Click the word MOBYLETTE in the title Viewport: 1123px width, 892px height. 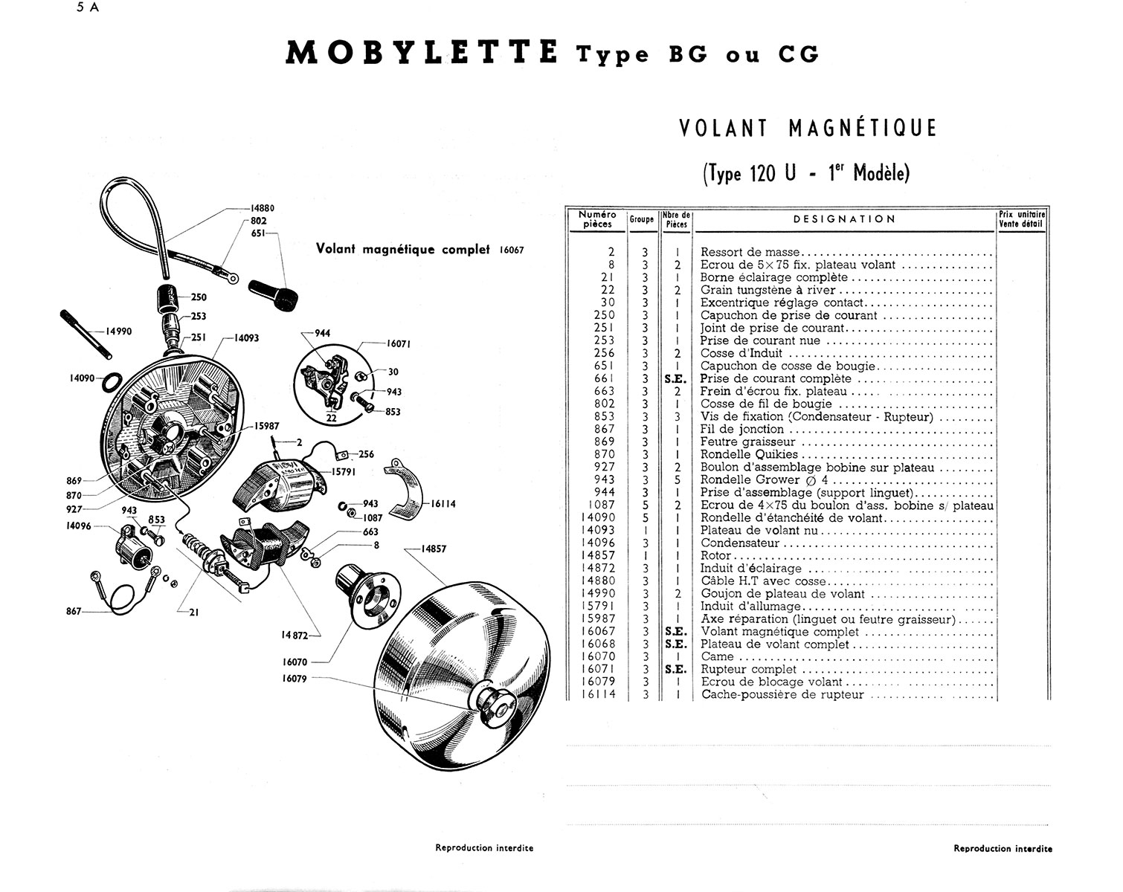click(x=421, y=54)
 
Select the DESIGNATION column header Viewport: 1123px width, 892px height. click(x=844, y=219)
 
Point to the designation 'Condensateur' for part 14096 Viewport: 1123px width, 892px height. click(x=740, y=543)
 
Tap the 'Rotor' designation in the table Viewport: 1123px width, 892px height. click(x=716, y=555)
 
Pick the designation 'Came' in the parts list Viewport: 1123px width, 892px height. click(x=717, y=656)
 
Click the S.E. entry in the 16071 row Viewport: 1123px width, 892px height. click(x=676, y=669)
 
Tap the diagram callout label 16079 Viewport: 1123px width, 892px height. click(x=295, y=678)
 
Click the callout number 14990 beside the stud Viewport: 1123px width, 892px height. click(x=119, y=332)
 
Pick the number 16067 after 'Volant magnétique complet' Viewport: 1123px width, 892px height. click(x=508, y=251)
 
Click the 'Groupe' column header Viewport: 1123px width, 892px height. click(x=641, y=219)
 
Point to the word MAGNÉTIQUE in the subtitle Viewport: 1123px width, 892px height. click(x=862, y=128)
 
